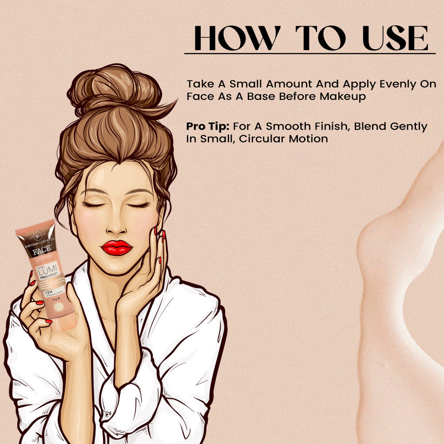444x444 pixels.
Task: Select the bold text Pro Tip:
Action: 207,127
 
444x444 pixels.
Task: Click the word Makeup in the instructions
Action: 344,97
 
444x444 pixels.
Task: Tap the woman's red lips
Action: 116,247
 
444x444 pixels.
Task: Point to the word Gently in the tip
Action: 406,127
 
